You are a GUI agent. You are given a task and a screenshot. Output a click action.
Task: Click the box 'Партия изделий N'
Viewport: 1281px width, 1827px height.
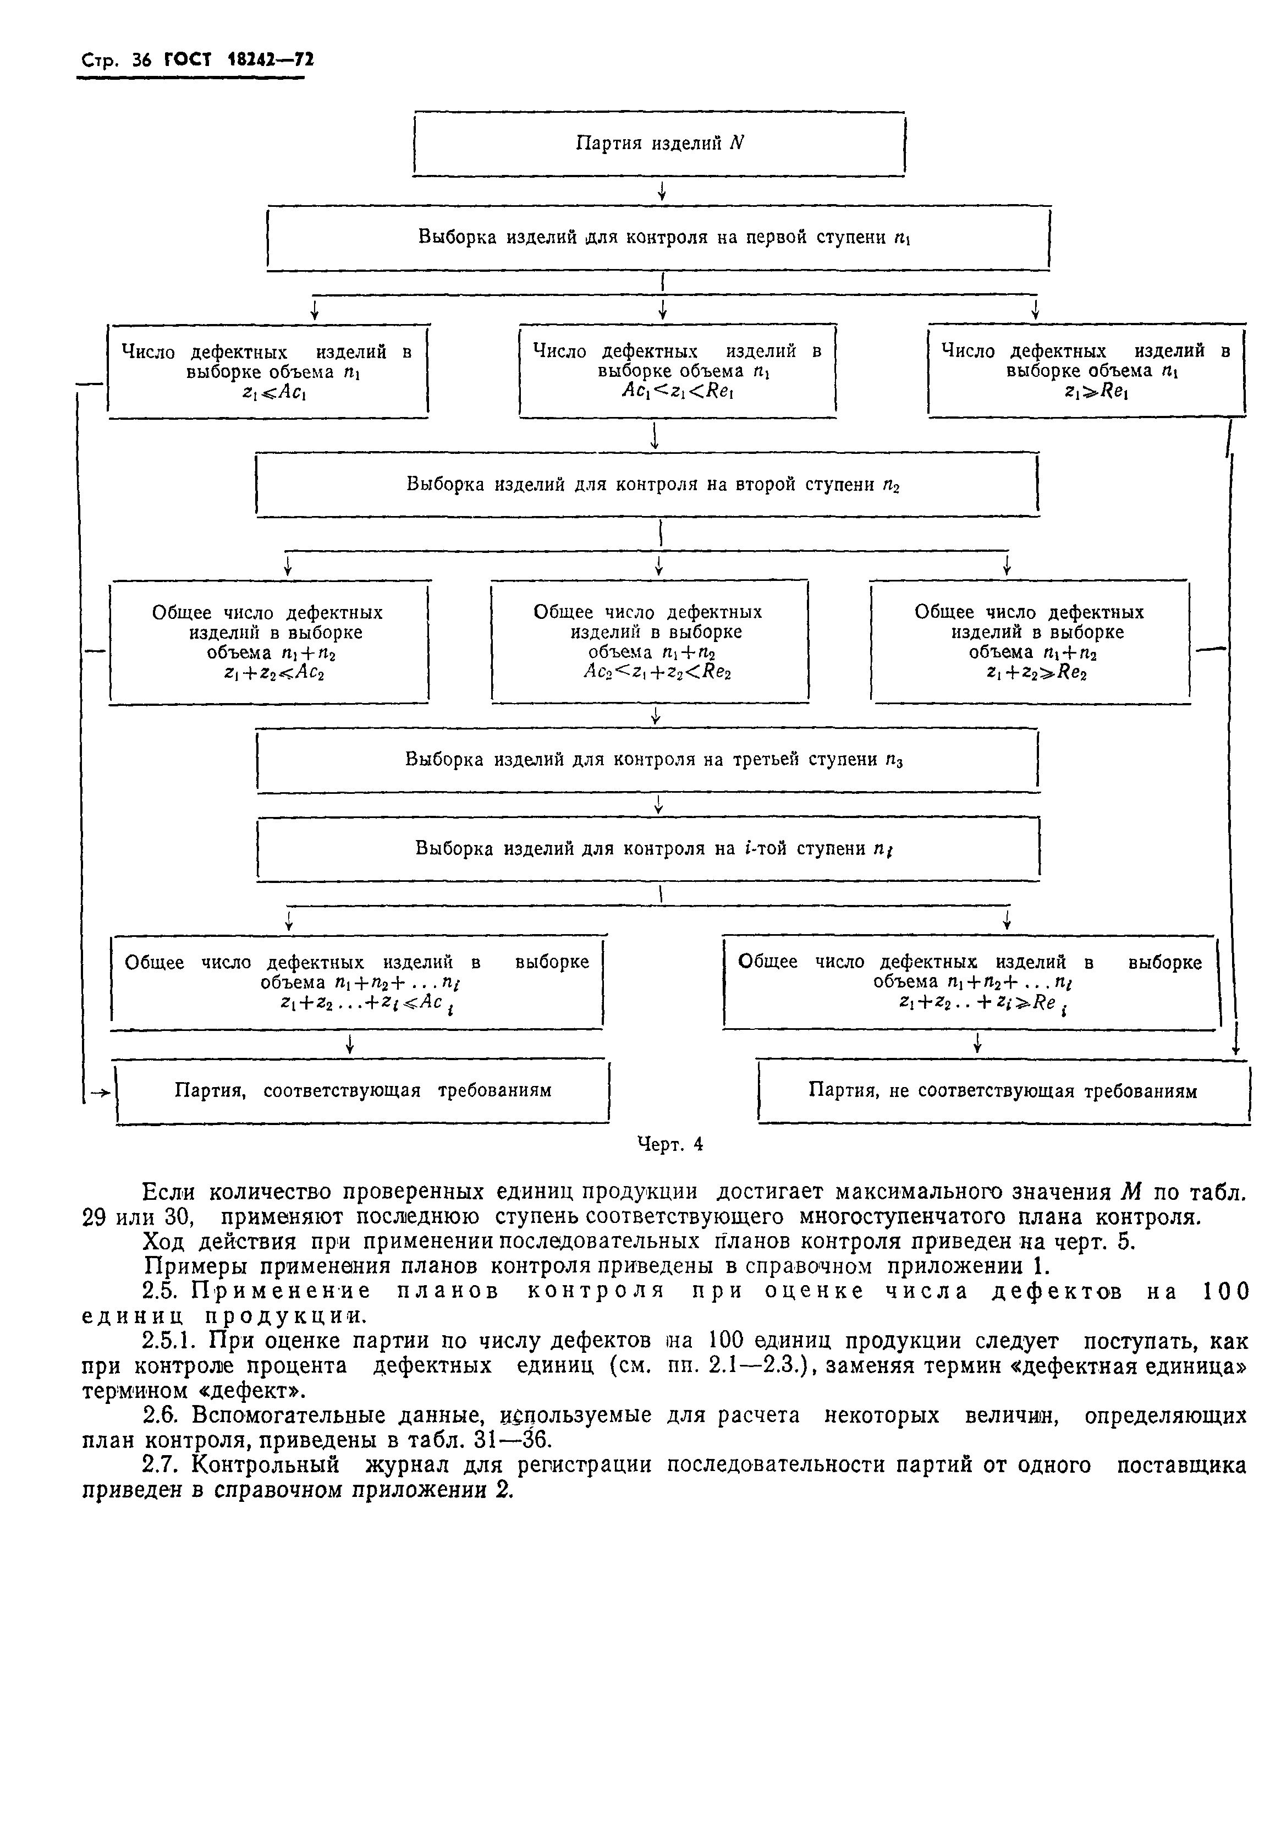(659, 143)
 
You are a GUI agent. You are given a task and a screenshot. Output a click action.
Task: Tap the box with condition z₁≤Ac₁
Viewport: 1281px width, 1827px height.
(267, 371)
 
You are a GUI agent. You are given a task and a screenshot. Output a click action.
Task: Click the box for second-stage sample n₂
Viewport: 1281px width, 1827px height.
(648, 485)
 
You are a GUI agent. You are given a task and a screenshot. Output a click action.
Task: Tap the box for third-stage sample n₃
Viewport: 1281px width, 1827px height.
(648, 760)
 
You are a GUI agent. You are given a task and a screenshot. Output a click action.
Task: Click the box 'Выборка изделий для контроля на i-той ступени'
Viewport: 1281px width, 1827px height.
(648, 849)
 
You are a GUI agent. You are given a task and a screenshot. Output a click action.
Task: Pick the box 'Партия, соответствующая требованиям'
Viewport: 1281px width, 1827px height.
(363, 1090)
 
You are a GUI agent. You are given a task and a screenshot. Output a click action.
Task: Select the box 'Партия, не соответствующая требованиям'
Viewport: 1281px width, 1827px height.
(1003, 1090)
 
